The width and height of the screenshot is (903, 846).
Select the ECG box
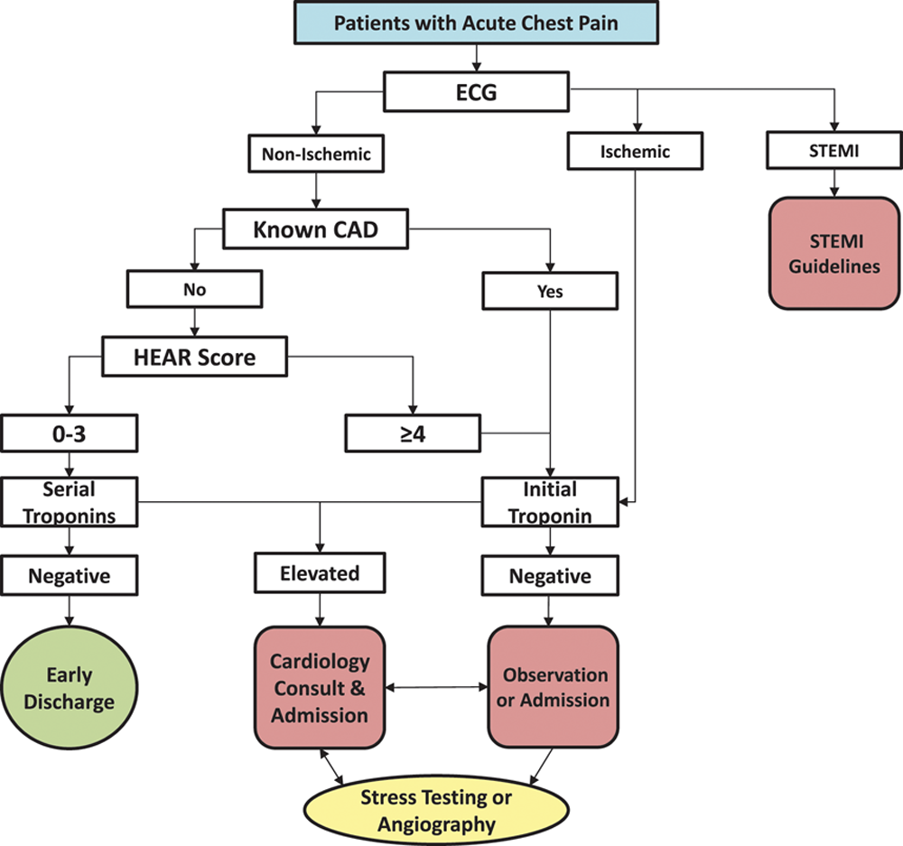click(477, 90)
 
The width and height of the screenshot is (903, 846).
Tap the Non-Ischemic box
click(316, 154)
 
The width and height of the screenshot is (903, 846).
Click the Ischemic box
click(635, 152)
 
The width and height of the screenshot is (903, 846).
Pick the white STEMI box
click(833, 150)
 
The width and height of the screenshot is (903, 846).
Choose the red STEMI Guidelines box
click(833, 254)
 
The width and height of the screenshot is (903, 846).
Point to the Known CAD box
click(315, 229)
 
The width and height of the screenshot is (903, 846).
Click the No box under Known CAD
click(194, 290)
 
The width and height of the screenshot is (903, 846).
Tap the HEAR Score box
click(195, 357)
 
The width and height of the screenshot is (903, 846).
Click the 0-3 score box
click(70, 432)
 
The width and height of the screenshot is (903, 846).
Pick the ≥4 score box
click(412, 432)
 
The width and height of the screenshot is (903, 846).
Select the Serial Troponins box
click(70, 501)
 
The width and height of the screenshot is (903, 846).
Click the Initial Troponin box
click(549, 501)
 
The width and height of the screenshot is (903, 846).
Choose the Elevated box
click(319, 573)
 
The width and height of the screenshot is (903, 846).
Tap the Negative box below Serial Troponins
click(70, 575)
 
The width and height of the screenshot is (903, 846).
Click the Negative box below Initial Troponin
click(549, 575)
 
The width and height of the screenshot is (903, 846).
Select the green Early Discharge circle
click(70, 688)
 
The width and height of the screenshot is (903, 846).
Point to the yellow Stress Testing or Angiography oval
click(435, 810)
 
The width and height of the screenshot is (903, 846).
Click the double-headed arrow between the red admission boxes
click(437, 688)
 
